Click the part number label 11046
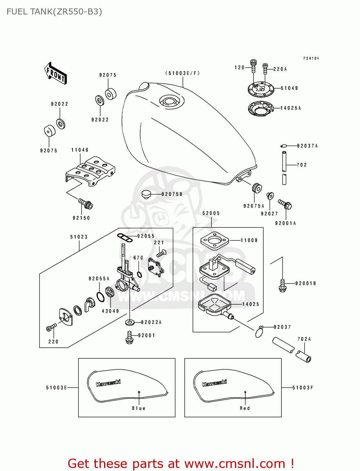(x=80, y=150)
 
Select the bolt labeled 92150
(x=85, y=204)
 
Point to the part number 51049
(x=289, y=88)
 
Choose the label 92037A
(x=307, y=146)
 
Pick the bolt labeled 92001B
(x=282, y=285)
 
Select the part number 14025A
(x=291, y=108)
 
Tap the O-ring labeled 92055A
(x=101, y=297)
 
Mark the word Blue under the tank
(x=139, y=408)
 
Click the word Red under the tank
(x=245, y=408)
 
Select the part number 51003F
(x=303, y=388)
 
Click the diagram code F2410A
(x=311, y=58)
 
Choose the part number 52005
(x=211, y=213)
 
